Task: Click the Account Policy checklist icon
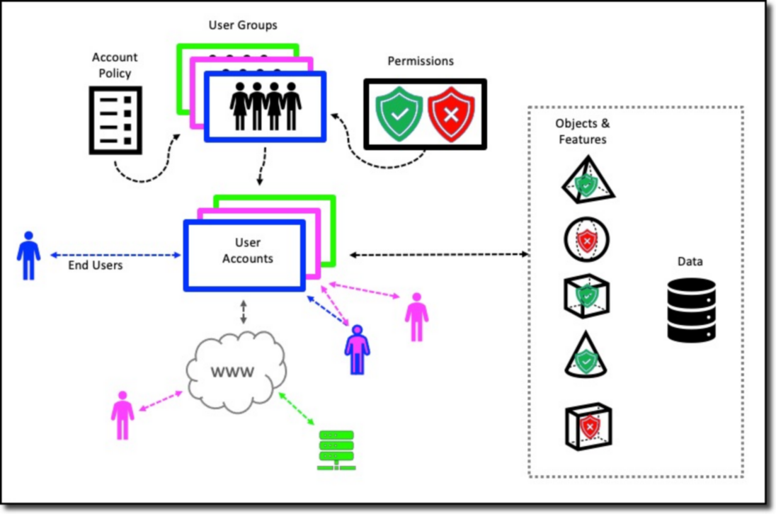click(115, 120)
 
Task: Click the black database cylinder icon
click(691, 309)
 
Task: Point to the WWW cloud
click(235, 372)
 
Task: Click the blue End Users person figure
click(28, 256)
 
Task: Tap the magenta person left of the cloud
click(122, 415)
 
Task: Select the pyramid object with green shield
click(586, 183)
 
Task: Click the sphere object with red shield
click(586, 240)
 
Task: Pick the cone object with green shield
click(586, 355)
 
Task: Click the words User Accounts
click(247, 251)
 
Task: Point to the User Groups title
click(243, 25)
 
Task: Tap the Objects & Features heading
click(582, 132)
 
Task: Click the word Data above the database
click(690, 262)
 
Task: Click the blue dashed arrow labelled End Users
click(114, 255)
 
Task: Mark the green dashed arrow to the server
click(297, 409)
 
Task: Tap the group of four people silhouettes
click(266, 106)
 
